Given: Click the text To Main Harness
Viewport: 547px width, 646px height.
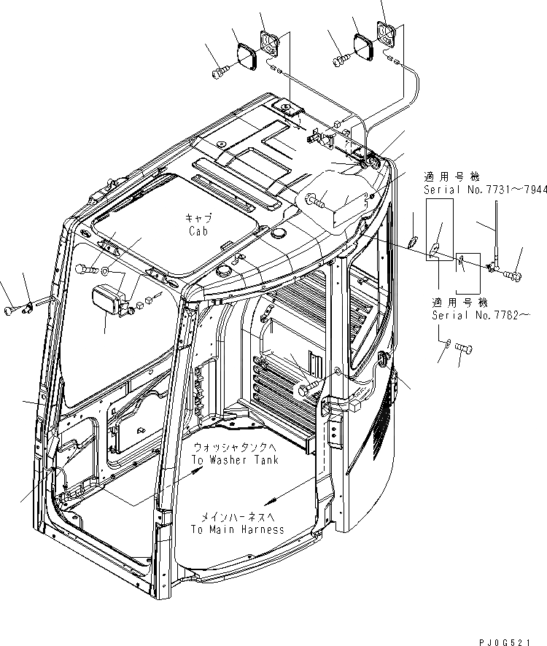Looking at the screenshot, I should point(238,529).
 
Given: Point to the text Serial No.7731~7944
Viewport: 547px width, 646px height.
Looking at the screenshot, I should point(484,189).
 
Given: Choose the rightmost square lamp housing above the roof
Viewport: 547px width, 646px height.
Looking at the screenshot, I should point(387,33).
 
